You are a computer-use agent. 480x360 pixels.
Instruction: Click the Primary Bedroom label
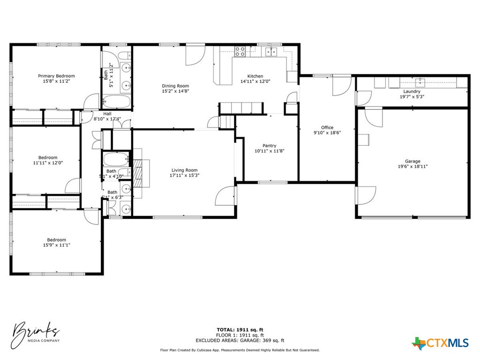tap(56, 76)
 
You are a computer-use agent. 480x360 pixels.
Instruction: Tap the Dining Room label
tap(175, 86)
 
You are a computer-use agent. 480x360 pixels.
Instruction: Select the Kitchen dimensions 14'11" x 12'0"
tap(255, 82)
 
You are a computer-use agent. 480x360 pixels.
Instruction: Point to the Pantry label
tap(269, 146)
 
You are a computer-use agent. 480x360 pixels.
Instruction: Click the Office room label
tap(327, 127)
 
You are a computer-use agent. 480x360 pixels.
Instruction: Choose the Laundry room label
tap(412, 91)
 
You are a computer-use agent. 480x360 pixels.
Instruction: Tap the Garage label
tap(412, 161)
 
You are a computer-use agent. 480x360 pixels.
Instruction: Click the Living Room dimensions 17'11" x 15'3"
tap(184, 175)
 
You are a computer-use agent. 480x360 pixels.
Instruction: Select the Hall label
tap(107, 113)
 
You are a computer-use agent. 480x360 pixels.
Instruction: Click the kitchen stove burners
tap(240, 51)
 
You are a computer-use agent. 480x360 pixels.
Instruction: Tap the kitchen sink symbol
tap(271, 51)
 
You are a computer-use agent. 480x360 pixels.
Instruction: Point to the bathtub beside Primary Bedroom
tap(117, 101)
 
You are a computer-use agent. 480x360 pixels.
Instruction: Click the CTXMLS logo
tap(440, 343)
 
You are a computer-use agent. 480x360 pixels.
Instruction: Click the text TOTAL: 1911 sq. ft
tap(240, 330)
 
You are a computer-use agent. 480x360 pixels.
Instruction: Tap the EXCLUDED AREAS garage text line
tap(240, 341)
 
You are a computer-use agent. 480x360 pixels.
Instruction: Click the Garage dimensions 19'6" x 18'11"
tap(412, 166)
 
